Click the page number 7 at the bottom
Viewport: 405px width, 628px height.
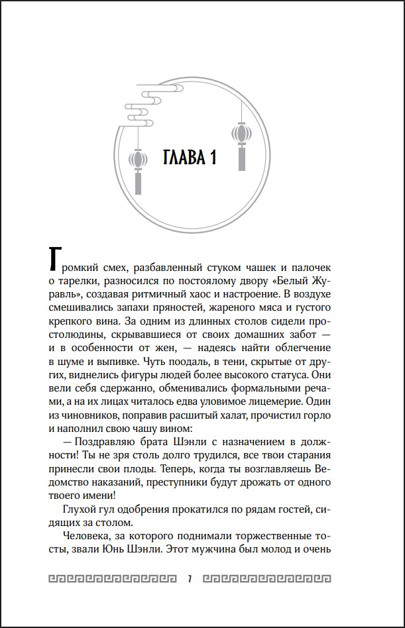pyautogui.click(x=191, y=580)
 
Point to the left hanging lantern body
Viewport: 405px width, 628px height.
pyautogui.click(x=139, y=159)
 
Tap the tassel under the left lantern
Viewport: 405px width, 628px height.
pyautogui.click(x=139, y=182)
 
